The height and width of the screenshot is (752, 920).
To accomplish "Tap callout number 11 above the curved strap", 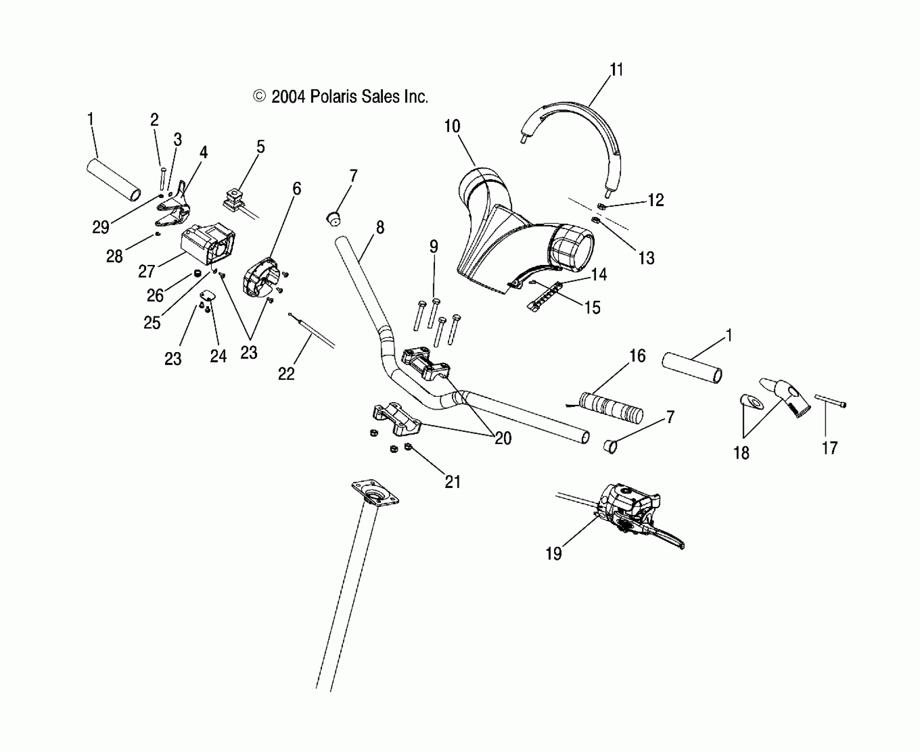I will [616, 70].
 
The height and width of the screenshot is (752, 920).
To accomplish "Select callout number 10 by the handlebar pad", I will [452, 127].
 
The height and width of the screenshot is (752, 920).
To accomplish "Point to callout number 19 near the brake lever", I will [554, 553].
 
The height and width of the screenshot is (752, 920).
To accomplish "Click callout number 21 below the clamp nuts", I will [453, 482].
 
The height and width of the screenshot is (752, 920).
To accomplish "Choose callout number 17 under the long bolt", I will [830, 448].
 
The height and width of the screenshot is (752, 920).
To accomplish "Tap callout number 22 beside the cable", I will [286, 374].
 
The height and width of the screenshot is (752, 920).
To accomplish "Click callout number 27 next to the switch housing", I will [146, 271].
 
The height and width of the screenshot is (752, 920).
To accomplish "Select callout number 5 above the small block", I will [261, 146].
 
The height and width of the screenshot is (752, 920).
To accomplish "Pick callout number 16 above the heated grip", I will [637, 356].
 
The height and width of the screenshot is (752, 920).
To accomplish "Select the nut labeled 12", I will [601, 206].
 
